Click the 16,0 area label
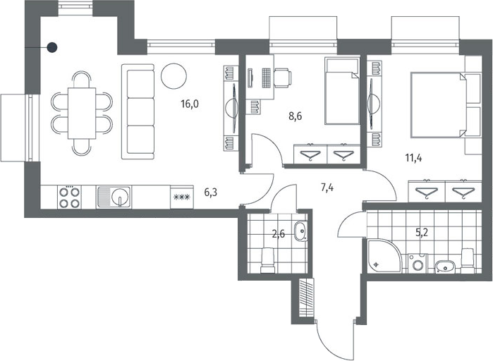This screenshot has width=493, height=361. pos(190,104)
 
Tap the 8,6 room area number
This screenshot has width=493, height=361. pos(295,116)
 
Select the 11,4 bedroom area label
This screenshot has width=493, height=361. pos(413,158)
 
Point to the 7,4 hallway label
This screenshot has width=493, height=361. pos(327,188)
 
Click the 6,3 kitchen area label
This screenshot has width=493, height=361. pos(211,192)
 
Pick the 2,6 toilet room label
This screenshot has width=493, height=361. pos(279,234)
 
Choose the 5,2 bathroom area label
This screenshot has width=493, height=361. pos(422,233)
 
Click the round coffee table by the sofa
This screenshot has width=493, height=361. pos(174,76)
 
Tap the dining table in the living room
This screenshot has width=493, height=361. pos(82,113)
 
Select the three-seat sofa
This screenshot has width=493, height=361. pos(138,111)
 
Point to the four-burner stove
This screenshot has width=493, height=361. pos(69,197)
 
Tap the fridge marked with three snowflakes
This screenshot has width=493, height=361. pos(182,197)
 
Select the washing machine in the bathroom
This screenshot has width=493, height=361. pos(418,263)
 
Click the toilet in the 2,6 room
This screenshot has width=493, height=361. pos(268,260)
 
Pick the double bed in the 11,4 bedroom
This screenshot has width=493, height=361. pos(438,105)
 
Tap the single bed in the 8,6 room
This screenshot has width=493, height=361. pos(342,91)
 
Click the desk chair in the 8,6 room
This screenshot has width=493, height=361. pos(283,78)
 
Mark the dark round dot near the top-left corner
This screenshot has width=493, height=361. pos(52,47)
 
